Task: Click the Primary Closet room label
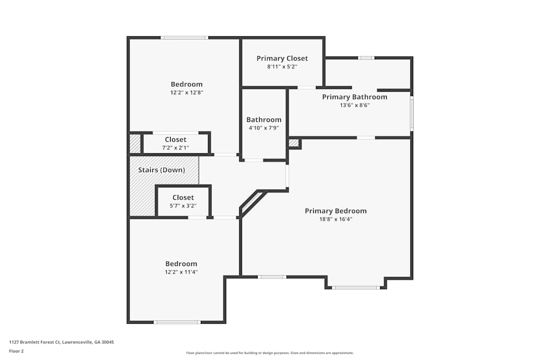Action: tap(282, 58)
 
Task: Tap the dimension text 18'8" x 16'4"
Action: tap(335, 219)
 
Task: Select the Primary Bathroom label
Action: tap(354, 97)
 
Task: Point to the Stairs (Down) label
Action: tap(161, 170)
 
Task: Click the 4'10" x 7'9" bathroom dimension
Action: tap(264, 128)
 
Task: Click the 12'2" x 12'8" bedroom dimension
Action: tap(186, 92)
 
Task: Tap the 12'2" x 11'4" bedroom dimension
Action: tap(181, 272)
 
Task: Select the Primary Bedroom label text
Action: tap(335, 211)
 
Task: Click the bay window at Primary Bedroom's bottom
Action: tap(356, 288)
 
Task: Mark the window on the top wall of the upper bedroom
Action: tap(184, 38)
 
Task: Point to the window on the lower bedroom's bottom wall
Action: tap(177, 322)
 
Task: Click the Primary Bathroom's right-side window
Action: tap(411, 113)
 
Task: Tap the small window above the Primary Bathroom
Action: tap(366, 58)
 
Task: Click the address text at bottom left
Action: tap(62, 342)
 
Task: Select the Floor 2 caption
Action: tap(16, 351)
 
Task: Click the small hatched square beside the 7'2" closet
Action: tap(134, 144)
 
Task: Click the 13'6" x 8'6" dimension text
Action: tap(354, 105)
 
